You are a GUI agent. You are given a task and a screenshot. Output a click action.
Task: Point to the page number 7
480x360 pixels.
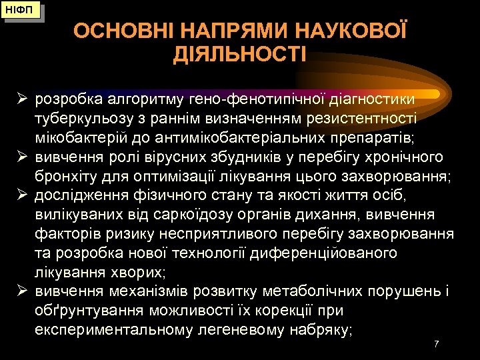pos(436,344)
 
